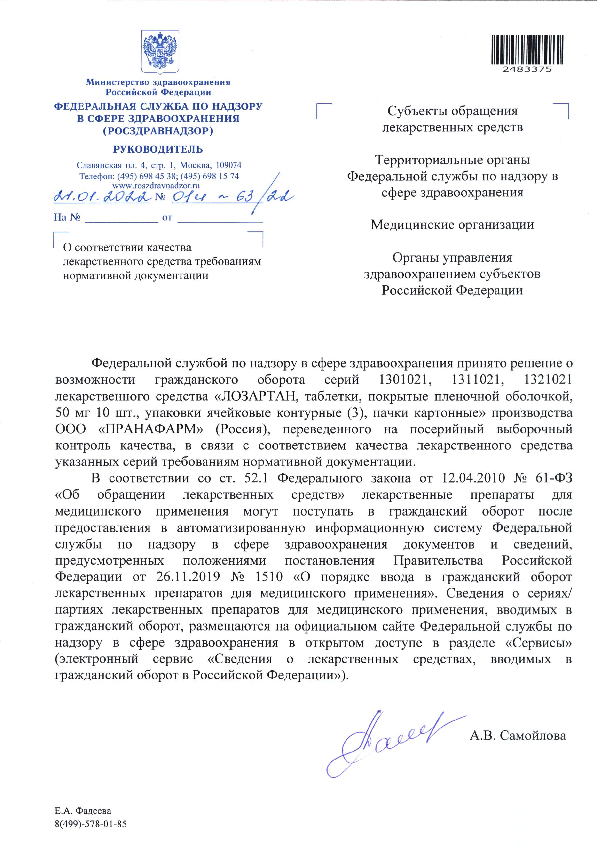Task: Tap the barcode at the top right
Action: (527, 49)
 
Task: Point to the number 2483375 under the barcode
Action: (527, 69)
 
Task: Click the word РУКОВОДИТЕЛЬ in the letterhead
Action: (158, 149)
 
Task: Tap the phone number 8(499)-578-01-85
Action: (91, 814)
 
